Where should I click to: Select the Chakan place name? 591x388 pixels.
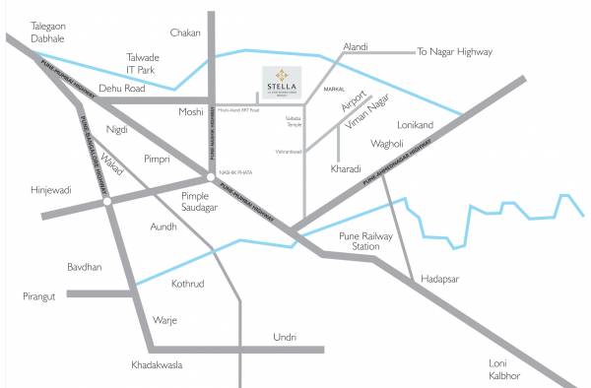point(184,32)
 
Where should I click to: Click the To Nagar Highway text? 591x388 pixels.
point(454,51)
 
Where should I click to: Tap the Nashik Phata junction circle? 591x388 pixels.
point(212,178)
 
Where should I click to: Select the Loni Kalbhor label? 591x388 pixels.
point(503,369)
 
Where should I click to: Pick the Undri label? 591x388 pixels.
point(285,337)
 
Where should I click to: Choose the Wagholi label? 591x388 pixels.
point(389,144)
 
